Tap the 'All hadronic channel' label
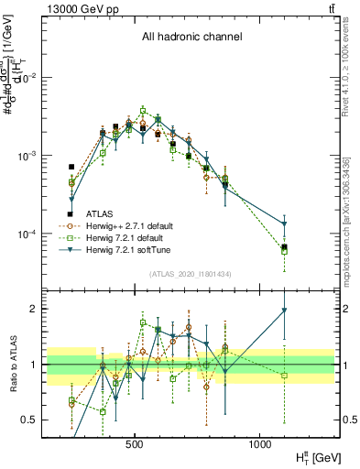pyautogui.click(x=191, y=38)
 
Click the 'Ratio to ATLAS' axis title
pyautogui.click(x=12, y=365)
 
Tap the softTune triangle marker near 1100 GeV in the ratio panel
pyautogui.click(x=285, y=311)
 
